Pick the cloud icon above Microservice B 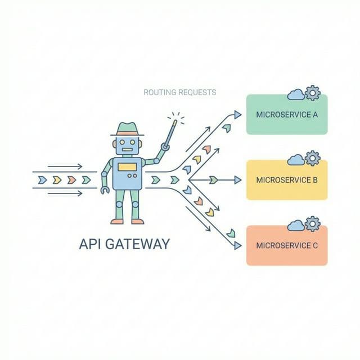296,160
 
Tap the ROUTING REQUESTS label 179,92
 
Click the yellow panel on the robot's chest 127,166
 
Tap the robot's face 127,145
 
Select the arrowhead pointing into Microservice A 237,114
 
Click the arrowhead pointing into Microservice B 237,181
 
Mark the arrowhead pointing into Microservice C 237,246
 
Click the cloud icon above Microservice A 296,94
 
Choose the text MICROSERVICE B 287,181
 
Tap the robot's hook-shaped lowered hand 104,191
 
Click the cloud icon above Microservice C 296,226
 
